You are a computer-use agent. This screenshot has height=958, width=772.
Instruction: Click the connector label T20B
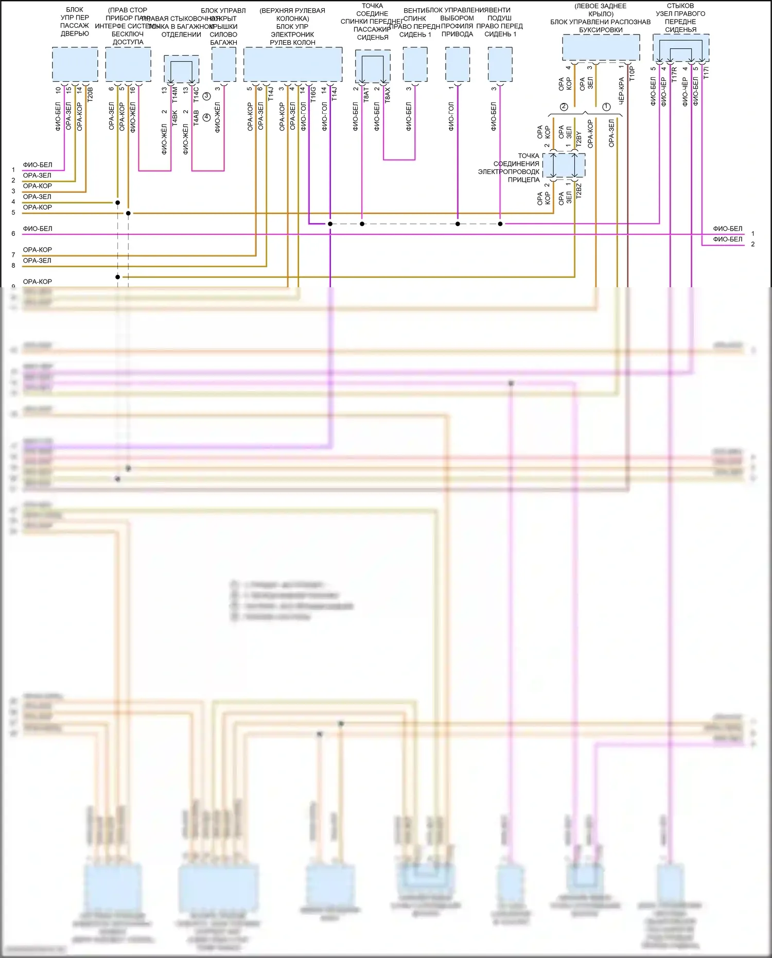click(90, 93)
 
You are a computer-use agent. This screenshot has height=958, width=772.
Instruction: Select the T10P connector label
click(632, 73)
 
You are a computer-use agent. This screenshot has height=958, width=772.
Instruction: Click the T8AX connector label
click(388, 94)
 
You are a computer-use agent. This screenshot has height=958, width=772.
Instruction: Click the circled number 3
click(206, 96)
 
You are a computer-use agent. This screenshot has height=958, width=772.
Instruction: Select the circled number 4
click(206, 117)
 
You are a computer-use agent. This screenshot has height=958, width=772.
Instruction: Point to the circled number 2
click(564, 107)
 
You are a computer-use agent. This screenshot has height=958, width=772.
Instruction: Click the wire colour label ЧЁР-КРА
click(621, 91)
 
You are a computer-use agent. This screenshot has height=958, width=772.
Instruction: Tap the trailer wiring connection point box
click(564, 165)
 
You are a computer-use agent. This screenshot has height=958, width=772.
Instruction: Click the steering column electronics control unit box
click(292, 64)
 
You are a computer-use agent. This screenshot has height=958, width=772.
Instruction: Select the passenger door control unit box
click(75, 64)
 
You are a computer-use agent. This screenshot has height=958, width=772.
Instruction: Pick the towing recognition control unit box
click(601, 48)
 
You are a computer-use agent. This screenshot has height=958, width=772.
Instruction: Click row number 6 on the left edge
click(13, 234)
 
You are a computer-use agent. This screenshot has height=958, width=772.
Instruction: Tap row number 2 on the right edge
click(752, 245)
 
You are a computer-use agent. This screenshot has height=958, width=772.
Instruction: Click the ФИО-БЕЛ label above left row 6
click(38, 229)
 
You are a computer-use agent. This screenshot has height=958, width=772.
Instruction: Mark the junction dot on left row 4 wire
click(118, 203)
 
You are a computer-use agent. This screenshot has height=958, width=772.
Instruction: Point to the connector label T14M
click(174, 93)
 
